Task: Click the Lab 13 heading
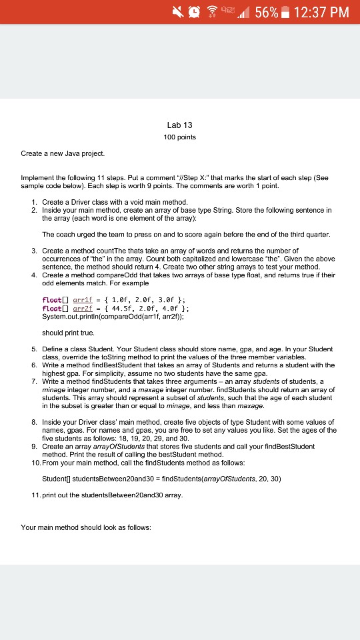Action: [179, 125]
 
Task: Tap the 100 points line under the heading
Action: [179, 137]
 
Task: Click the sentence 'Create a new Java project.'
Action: [63, 153]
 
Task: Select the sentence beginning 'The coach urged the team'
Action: [186, 235]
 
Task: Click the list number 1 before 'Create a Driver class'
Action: [33, 201]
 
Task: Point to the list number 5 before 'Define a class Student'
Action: [33, 349]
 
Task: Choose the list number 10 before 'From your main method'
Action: [31, 461]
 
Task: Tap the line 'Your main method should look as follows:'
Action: [87, 527]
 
